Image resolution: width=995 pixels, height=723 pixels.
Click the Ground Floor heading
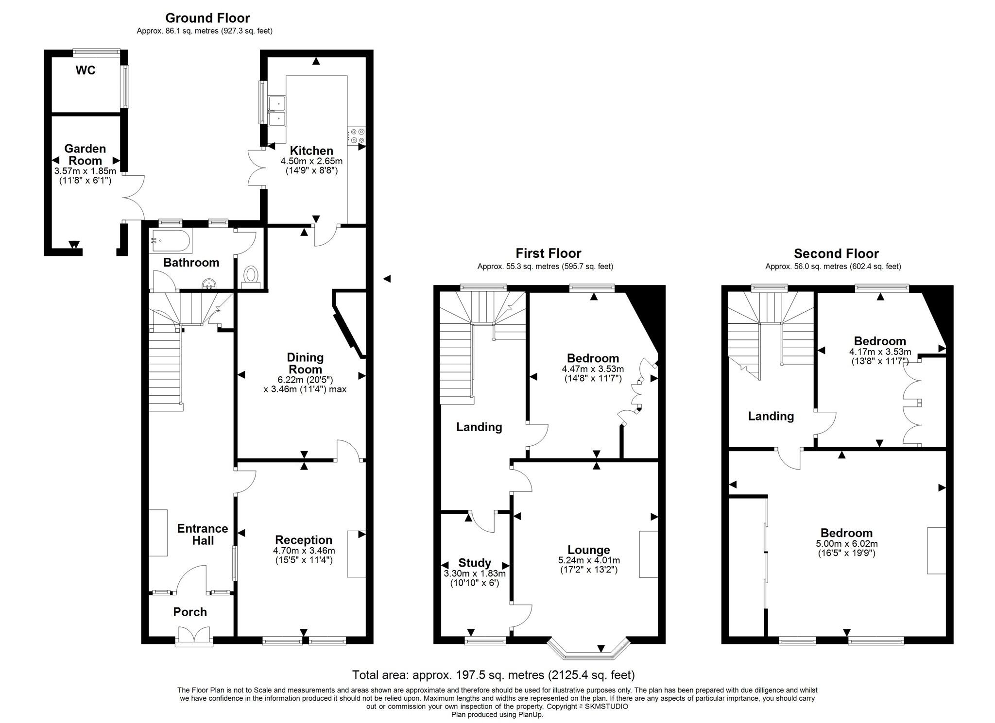207,18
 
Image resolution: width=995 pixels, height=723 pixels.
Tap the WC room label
86,70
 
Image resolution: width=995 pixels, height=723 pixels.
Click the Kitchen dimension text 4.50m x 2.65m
311,161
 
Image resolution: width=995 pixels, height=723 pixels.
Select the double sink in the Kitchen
277,110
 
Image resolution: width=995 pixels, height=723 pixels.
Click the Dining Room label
305,363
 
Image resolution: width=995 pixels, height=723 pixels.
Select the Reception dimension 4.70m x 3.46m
304,551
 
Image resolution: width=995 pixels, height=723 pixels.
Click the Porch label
190,612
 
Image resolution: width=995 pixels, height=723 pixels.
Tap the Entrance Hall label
203,534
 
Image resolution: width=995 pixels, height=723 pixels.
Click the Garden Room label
85,154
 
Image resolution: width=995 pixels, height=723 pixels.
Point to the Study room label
475,563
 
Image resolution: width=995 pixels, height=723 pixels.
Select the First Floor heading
548,253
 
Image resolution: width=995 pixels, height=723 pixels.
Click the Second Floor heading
836,253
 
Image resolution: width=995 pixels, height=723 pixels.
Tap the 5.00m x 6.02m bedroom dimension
847,544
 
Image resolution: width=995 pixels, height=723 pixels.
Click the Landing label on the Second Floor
771,416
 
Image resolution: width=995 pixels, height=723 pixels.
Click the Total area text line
493,675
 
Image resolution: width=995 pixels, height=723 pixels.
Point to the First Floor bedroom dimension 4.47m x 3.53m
593,369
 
